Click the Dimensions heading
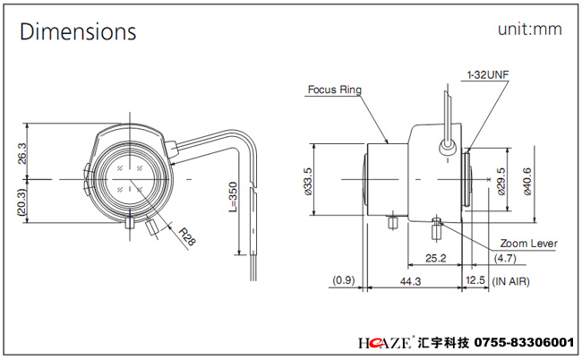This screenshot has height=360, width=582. pos(78,31)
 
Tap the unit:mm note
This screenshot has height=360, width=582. pos(530,29)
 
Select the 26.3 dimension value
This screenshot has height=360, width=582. pos(22,153)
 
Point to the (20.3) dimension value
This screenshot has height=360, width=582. pos(21,201)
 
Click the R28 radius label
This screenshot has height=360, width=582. pos(187,236)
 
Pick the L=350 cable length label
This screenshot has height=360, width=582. pos(233,197)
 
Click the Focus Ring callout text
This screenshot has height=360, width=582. pos(335,90)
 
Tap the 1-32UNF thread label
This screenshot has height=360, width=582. pos(488,74)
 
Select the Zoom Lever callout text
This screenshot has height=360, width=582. pos(528,244)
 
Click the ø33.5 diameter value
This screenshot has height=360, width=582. pos(308,182)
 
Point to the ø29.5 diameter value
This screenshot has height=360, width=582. pos(501,182)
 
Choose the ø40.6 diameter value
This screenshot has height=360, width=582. pos(526,182)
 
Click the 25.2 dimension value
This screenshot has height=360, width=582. pos(436,258)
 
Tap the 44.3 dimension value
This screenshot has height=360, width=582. pos(410,281)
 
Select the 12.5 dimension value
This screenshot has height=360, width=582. pos(475,279)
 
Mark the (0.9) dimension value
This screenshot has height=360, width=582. pos(344,279)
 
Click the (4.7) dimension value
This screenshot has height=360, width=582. pos(505,258)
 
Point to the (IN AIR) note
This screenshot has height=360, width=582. pos(510,281)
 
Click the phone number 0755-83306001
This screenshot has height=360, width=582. pos(524,342)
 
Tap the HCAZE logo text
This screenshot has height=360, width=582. pos(384,342)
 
